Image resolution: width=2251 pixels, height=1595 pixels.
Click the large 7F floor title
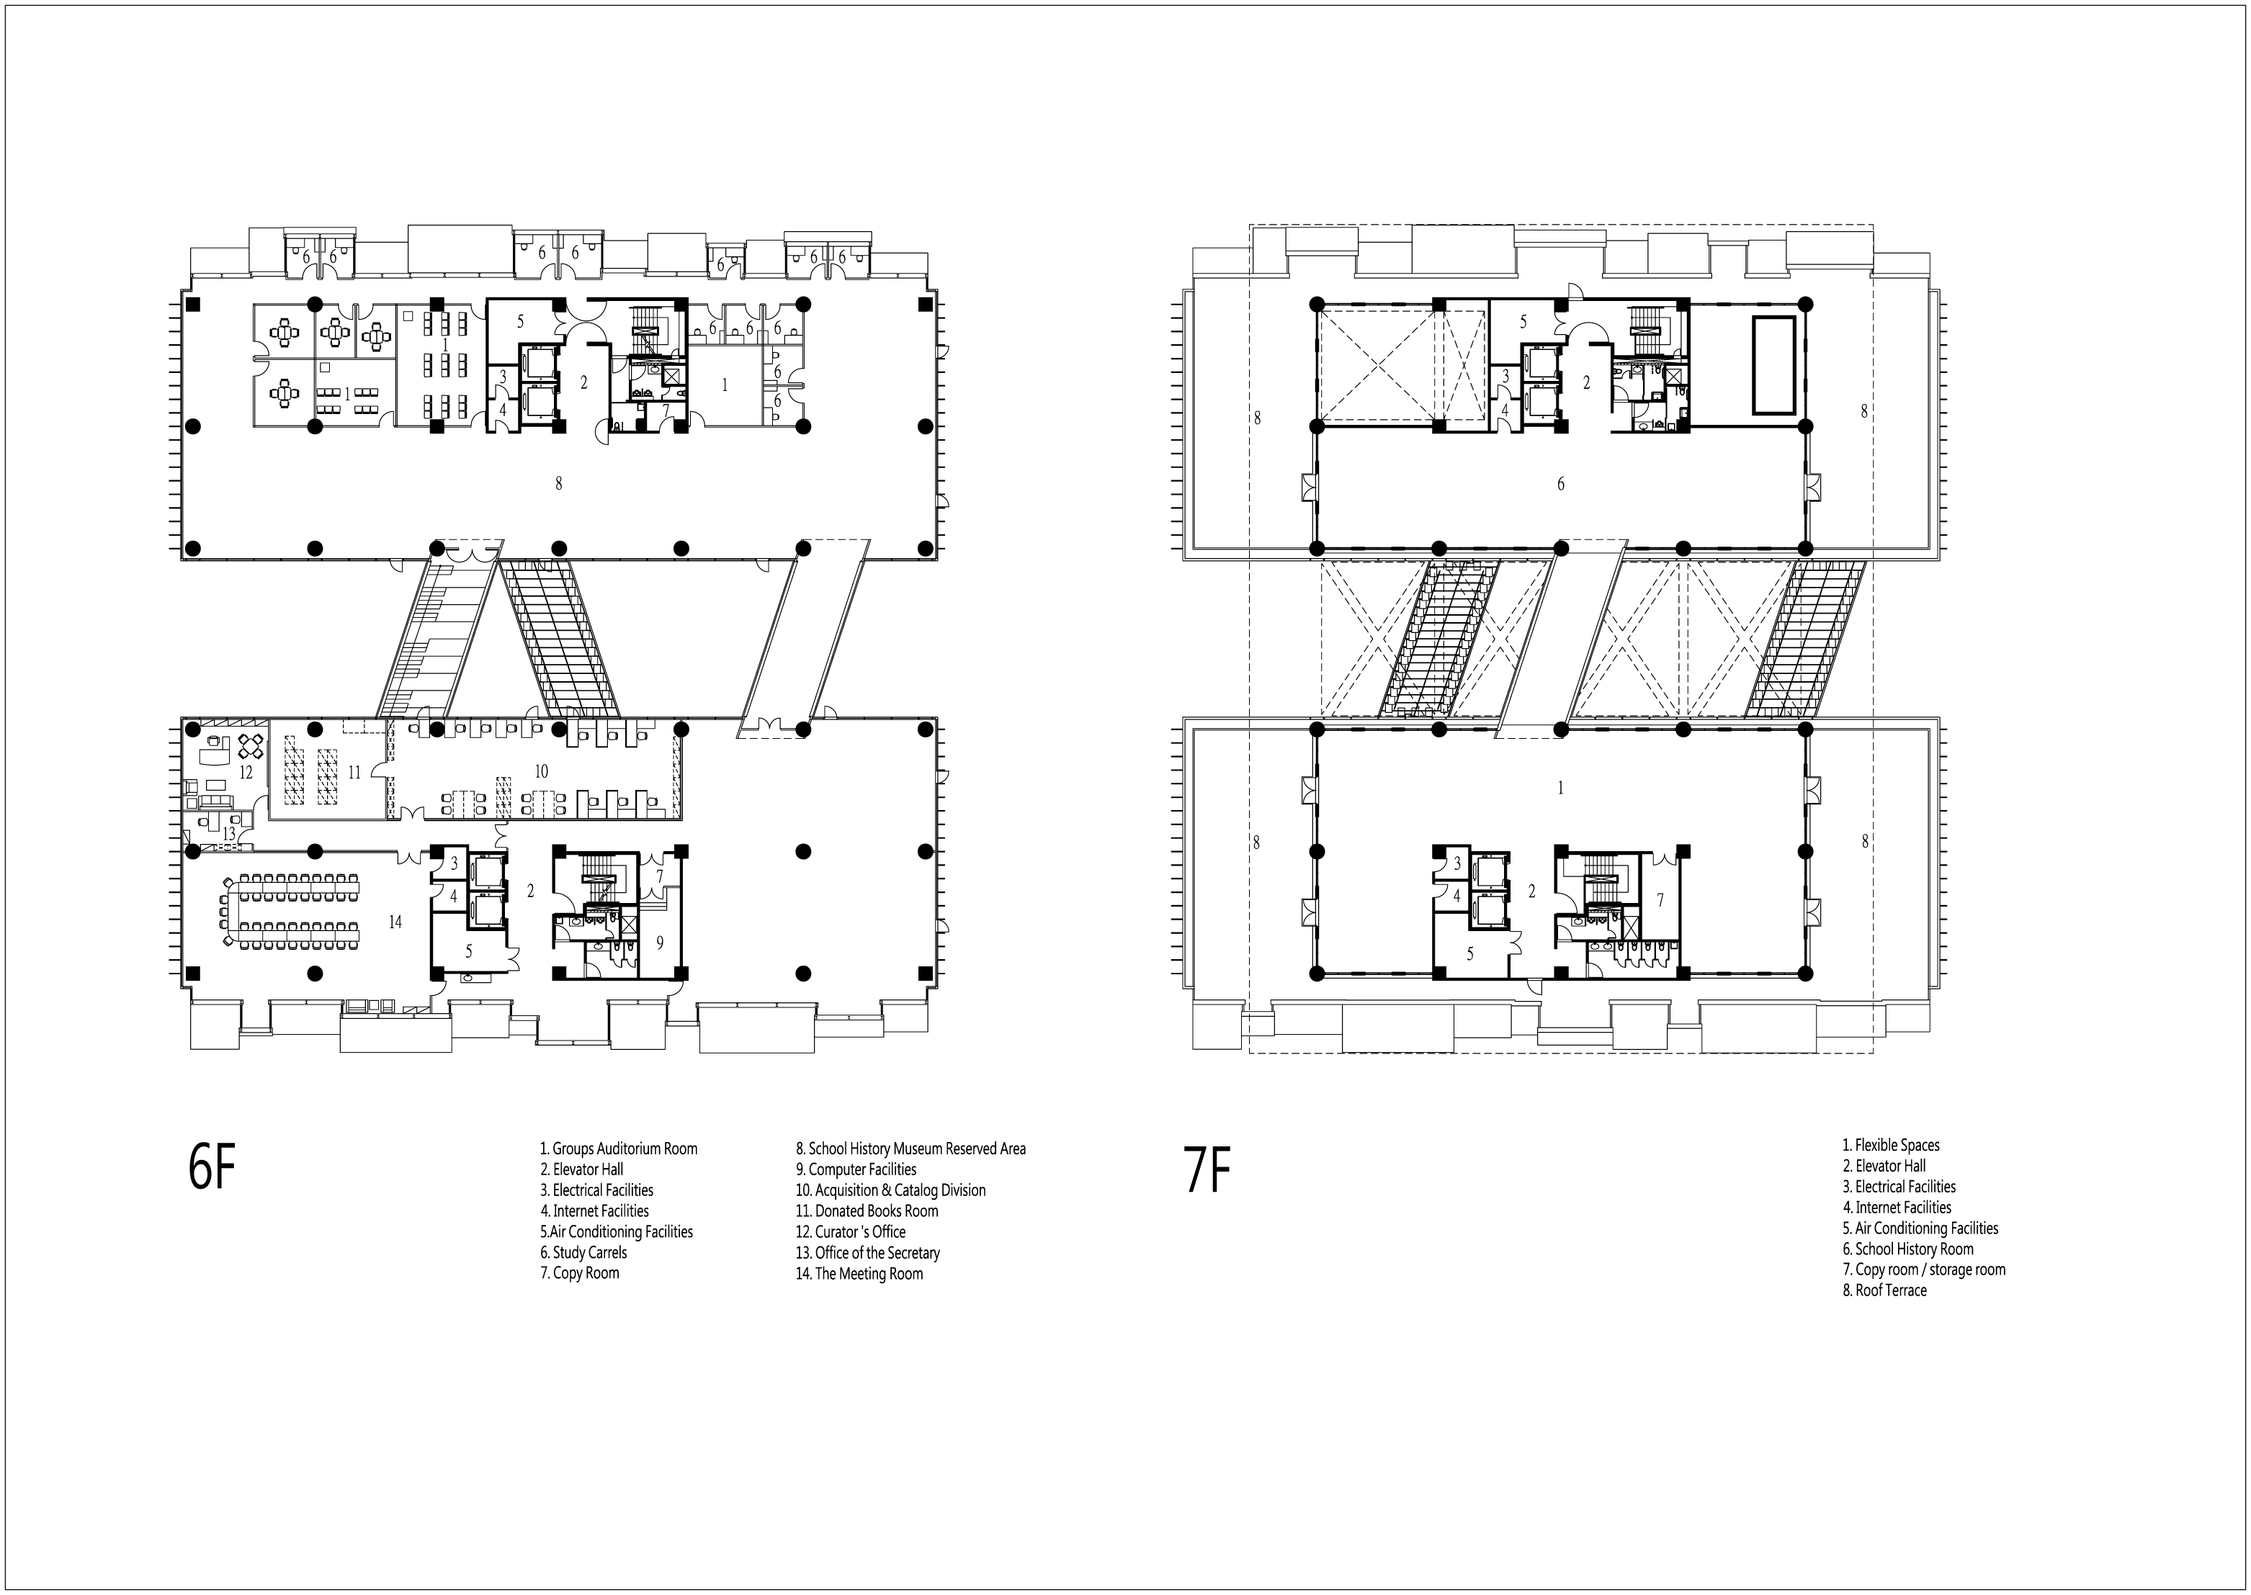(1207, 1171)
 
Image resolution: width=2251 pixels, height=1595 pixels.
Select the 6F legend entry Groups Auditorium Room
(618, 1148)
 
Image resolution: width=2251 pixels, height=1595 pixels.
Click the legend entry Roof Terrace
(1884, 1290)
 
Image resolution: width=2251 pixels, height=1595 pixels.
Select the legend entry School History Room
(1907, 1249)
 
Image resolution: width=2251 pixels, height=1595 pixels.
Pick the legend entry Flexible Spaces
(1890, 1145)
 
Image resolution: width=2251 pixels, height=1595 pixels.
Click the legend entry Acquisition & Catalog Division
(890, 1190)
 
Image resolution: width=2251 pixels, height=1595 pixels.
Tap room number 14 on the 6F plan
(395, 921)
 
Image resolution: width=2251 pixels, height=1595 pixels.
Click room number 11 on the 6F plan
(354, 772)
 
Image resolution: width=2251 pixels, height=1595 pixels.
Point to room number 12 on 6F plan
(246, 773)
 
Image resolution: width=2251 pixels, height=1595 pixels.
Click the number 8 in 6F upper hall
(558, 483)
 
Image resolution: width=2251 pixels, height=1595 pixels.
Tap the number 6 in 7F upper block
(1560, 483)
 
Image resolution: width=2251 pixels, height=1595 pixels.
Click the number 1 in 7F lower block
(1560, 788)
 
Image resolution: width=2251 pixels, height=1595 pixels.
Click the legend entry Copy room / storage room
(1924, 1270)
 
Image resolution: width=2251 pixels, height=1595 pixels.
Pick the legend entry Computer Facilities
(856, 1169)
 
